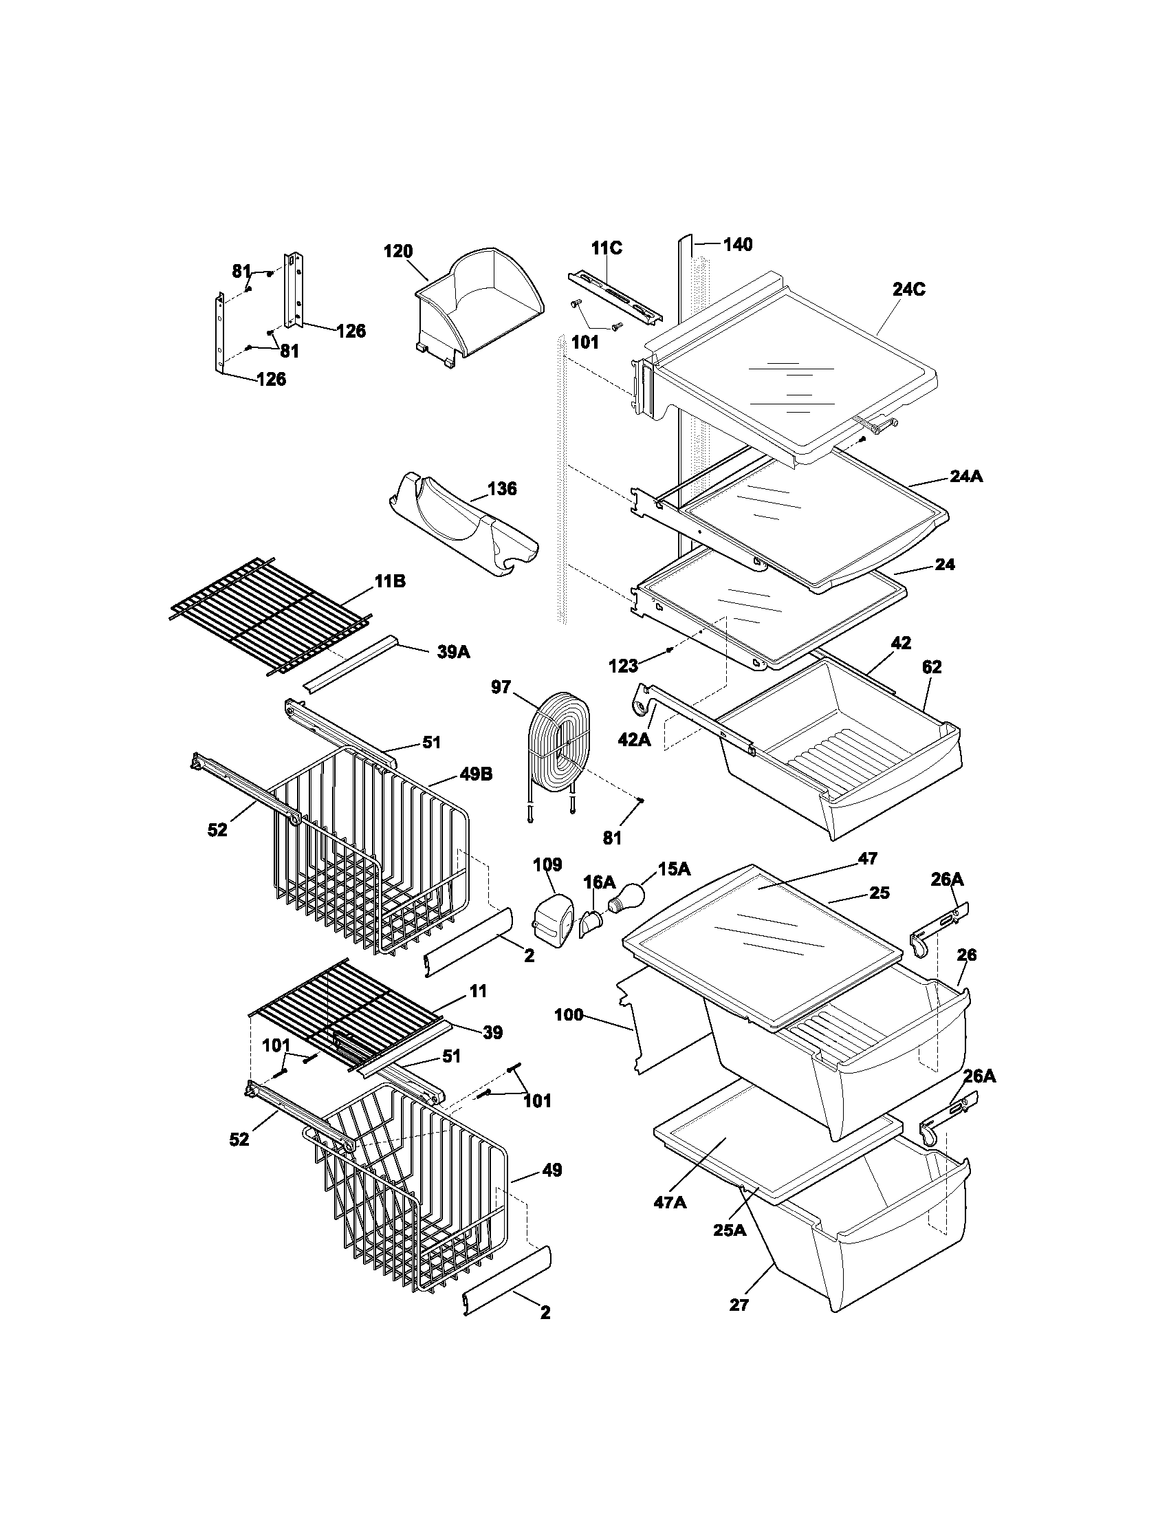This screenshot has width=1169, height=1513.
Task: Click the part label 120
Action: pos(398,252)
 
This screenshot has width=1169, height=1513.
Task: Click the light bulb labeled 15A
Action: pos(627,899)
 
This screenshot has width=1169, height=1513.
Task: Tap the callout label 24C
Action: pos(908,290)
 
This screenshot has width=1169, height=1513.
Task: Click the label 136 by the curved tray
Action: pos(501,489)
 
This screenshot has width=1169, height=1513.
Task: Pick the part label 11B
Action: pos(390,582)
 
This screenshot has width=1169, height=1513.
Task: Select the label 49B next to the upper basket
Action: pos(477,774)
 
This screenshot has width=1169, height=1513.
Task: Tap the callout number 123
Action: pos(622,666)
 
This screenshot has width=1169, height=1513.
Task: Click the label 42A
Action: pos(635,740)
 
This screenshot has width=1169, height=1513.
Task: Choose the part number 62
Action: pos(932,667)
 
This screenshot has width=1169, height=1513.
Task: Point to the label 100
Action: pos(569,1016)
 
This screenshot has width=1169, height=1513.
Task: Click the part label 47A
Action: pos(670,1203)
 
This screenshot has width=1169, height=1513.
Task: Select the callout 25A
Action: pos(729,1230)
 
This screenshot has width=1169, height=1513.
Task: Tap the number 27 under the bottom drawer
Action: pos(739,1305)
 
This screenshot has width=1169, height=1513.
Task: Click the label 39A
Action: pos(454,651)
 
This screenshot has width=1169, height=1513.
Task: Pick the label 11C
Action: pos(607,248)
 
